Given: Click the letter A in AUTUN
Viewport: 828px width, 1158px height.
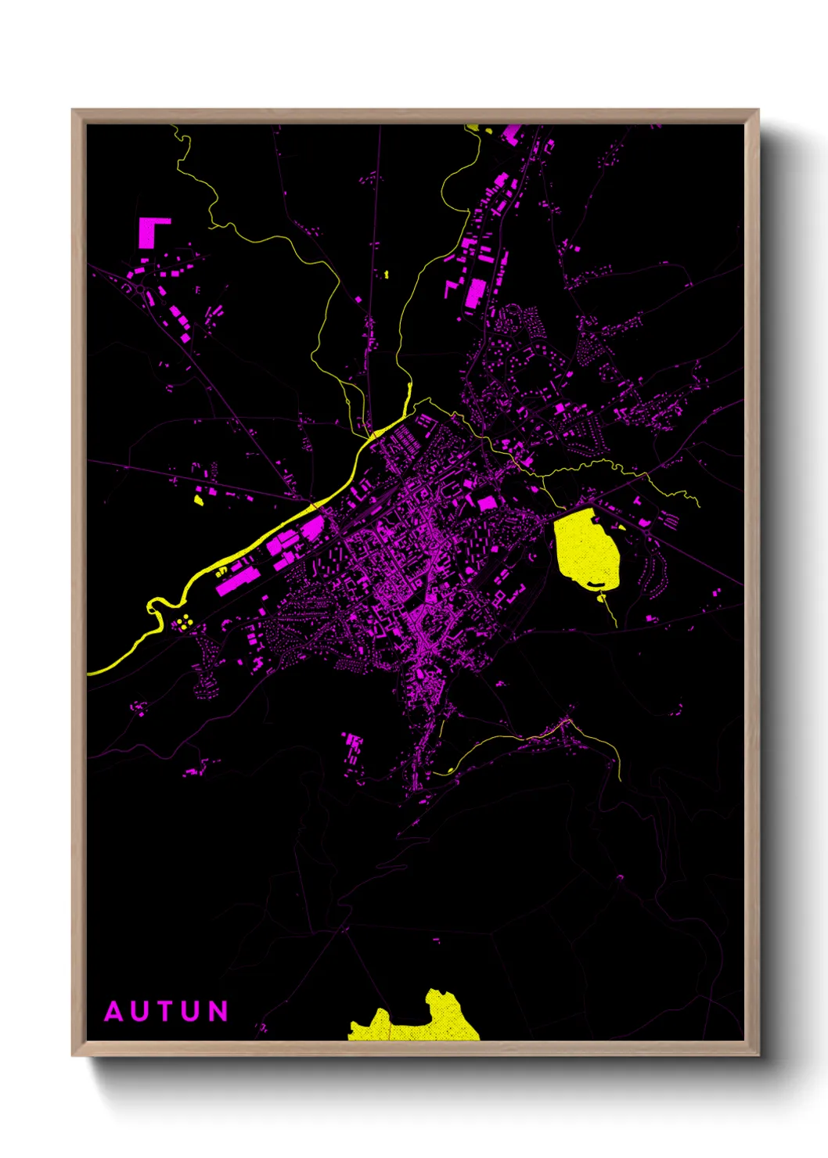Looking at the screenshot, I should pyautogui.click(x=114, y=1012).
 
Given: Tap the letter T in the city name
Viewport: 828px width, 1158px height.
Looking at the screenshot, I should pyautogui.click(x=165, y=1012).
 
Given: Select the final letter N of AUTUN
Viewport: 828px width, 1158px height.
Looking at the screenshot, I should pyautogui.click(x=218, y=1012).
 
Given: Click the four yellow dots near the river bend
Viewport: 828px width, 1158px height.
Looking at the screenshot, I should pyautogui.click(x=185, y=622).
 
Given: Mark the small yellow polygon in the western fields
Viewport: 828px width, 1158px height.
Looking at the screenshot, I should pyautogui.click(x=199, y=498).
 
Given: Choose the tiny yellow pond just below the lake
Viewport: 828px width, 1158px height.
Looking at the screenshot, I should pyautogui.click(x=602, y=598).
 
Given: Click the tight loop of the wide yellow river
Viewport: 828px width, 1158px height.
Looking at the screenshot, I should pyautogui.click(x=156, y=606).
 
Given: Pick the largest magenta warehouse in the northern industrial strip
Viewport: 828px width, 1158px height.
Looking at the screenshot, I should pyautogui.click(x=474, y=293).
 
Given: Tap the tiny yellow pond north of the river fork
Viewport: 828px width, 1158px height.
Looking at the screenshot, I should pyautogui.click(x=387, y=275).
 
